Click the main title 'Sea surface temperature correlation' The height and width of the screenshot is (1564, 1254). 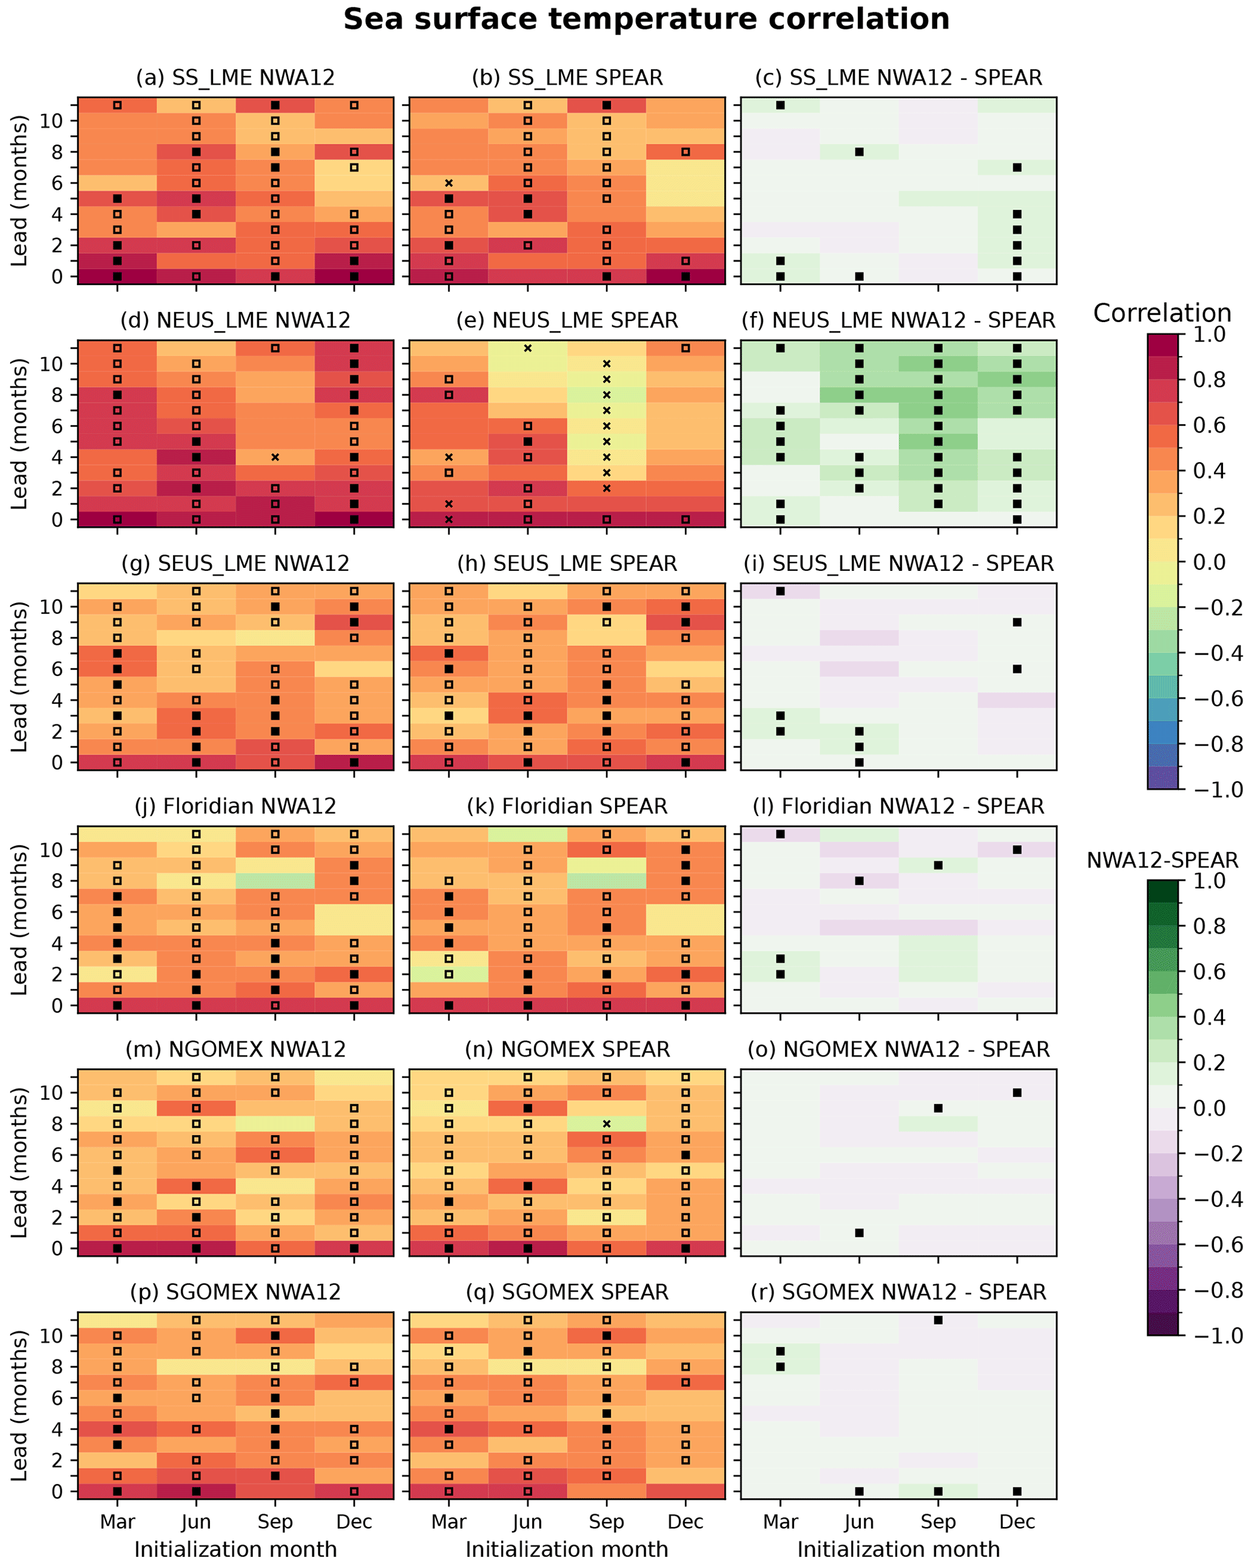(x=646, y=19)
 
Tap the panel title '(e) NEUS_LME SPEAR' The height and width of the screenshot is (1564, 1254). (x=567, y=321)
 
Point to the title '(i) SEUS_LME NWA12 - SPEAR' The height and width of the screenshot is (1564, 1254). (x=898, y=564)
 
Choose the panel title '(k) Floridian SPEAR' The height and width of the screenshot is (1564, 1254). (x=567, y=807)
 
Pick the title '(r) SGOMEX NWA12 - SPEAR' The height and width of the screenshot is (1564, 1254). (x=898, y=1293)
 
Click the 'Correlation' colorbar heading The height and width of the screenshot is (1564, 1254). (x=1162, y=314)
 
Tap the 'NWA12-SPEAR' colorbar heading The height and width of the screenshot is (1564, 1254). (x=1162, y=860)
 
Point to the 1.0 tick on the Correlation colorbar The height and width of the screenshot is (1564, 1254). (x=1209, y=334)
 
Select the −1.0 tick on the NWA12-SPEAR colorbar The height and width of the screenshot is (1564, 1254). (x=1209, y=1335)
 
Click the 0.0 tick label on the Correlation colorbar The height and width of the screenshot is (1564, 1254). (x=1209, y=562)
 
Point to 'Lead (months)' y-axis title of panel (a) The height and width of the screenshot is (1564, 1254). (x=19, y=190)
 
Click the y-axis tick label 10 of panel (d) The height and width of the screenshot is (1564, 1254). (x=51, y=364)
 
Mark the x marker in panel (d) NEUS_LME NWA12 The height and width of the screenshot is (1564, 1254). (x=275, y=457)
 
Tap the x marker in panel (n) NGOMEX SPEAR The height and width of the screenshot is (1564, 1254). (x=606, y=1124)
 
